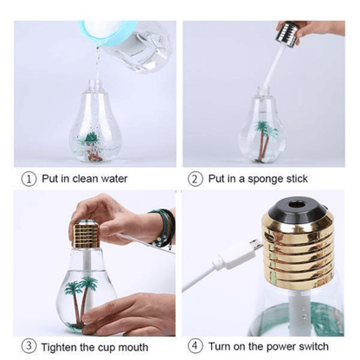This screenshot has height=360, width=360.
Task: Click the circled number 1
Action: (28, 179)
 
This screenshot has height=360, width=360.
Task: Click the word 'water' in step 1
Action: (112, 179)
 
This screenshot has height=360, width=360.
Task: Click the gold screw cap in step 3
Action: (86, 237)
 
